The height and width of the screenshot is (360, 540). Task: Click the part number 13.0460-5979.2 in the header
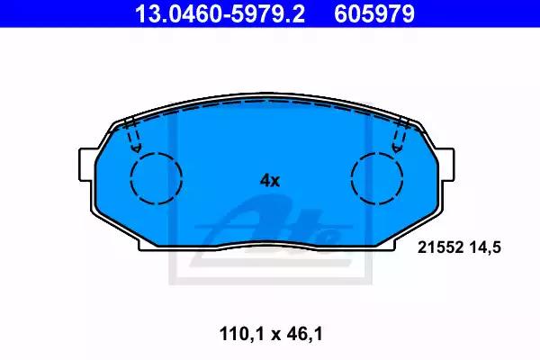coord(220,13)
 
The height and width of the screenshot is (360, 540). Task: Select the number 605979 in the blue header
coord(374,13)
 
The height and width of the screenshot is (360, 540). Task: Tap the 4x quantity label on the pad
coord(270,180)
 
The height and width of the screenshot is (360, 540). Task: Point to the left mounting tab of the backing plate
coord(87,165)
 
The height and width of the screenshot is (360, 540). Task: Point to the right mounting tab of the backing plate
coord(445,165)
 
